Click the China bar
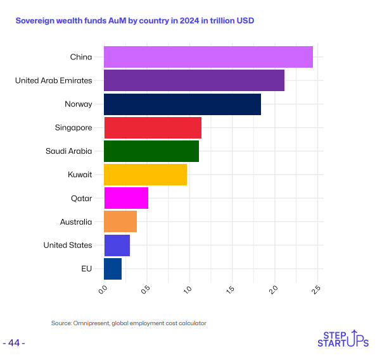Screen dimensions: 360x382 pos(208,57)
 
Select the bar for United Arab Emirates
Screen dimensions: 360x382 pos(194,80)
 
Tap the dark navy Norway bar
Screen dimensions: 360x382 pos(182,104)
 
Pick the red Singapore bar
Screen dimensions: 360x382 pos(152,127)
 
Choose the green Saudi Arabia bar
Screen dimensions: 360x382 pos(151,151)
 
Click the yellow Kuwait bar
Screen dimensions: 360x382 pos(145,174)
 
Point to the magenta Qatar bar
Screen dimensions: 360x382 pos(125,198)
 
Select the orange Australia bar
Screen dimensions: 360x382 pos(120,221)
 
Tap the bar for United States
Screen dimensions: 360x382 pos(117,245)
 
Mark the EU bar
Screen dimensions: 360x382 pos(112,268)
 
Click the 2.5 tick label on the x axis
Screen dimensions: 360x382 pos(317,290)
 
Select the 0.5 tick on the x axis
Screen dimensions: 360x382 pos(146,290)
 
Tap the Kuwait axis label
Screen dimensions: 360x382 pos(80,174)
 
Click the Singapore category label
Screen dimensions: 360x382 pos(73,127)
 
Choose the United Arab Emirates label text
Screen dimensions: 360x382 pos(53,80)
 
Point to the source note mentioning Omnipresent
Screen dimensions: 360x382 pos(129,323)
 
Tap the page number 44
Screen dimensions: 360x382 pos(14,343)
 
